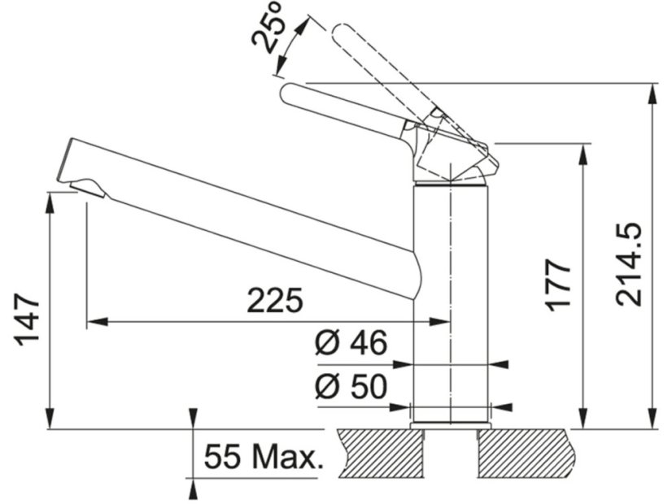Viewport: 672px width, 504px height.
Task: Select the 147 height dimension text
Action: click(28, 319)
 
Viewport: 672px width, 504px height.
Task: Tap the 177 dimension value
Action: click(559, 285)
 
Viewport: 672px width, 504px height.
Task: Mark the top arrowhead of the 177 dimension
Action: click(583, 152)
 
